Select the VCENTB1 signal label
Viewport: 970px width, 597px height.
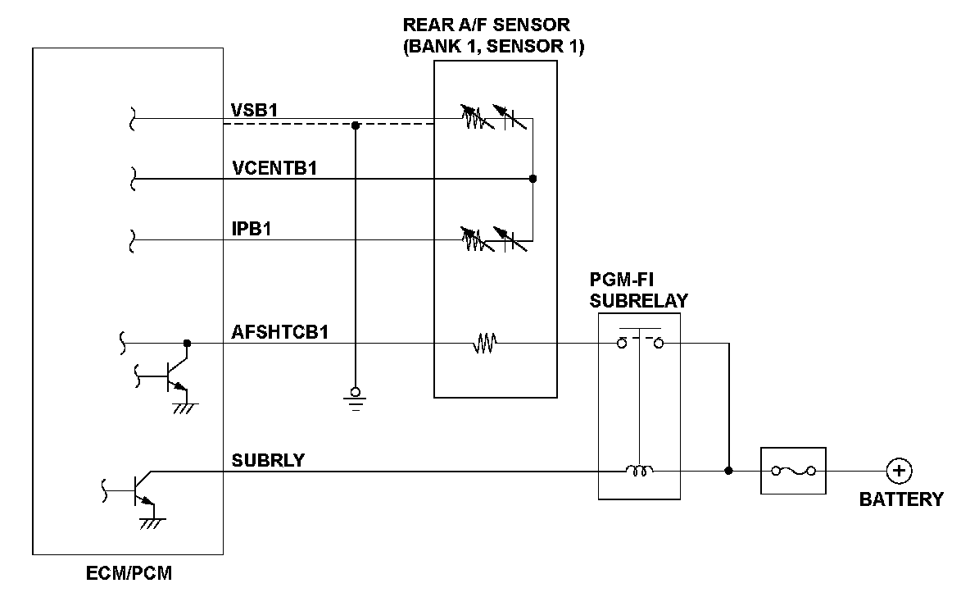(274, 168)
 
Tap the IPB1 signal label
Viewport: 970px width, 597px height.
(252, 229)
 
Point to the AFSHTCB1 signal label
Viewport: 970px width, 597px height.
(279, 332)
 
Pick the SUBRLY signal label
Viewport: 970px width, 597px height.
(268, 460)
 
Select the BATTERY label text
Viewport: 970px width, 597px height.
(900, 499)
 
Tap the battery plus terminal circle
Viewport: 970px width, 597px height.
(899, 471)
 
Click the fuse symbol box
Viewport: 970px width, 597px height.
(792, 471)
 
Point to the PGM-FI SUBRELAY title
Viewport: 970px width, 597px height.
(638, 291)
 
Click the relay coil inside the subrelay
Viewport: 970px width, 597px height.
(638, 471)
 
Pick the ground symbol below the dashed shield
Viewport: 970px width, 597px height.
(356, 397)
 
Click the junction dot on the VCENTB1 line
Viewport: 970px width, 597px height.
(533, 179)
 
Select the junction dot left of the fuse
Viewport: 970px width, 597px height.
(728, 471)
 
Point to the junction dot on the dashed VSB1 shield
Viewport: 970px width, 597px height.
(356, 126)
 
